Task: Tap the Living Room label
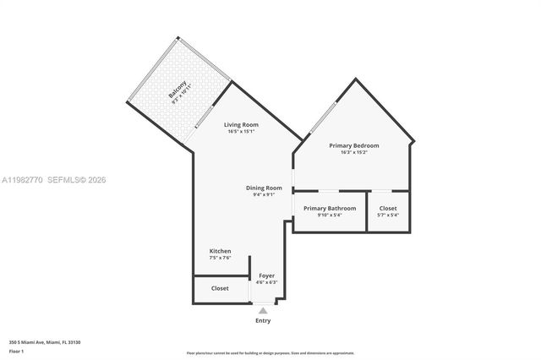(x=241, y=125)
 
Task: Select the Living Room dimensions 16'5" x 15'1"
(x=241, y=132)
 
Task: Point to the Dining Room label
(x=264, y=188)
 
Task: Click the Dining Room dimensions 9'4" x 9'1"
(x=264, y=194)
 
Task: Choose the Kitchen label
(x=220, y=251)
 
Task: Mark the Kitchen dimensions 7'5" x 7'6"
(x=220, y=258)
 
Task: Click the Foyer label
(x=266, y=275)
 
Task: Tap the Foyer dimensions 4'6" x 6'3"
(x=266, y=282)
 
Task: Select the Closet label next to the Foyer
(x=220, y=288)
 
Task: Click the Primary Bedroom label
(x=354, y=145)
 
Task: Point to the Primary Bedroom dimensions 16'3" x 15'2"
(x=354, y=152)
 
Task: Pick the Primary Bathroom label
(x=330, y=208)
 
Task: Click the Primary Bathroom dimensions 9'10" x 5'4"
(x=330, y=215)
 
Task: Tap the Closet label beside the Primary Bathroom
(x=388, y=208)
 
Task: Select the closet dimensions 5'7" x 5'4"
(x=388, y=215)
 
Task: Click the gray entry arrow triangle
(x=263, y=311)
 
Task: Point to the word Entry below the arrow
(x=263, y=321)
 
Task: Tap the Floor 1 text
(x=17, y=351)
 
